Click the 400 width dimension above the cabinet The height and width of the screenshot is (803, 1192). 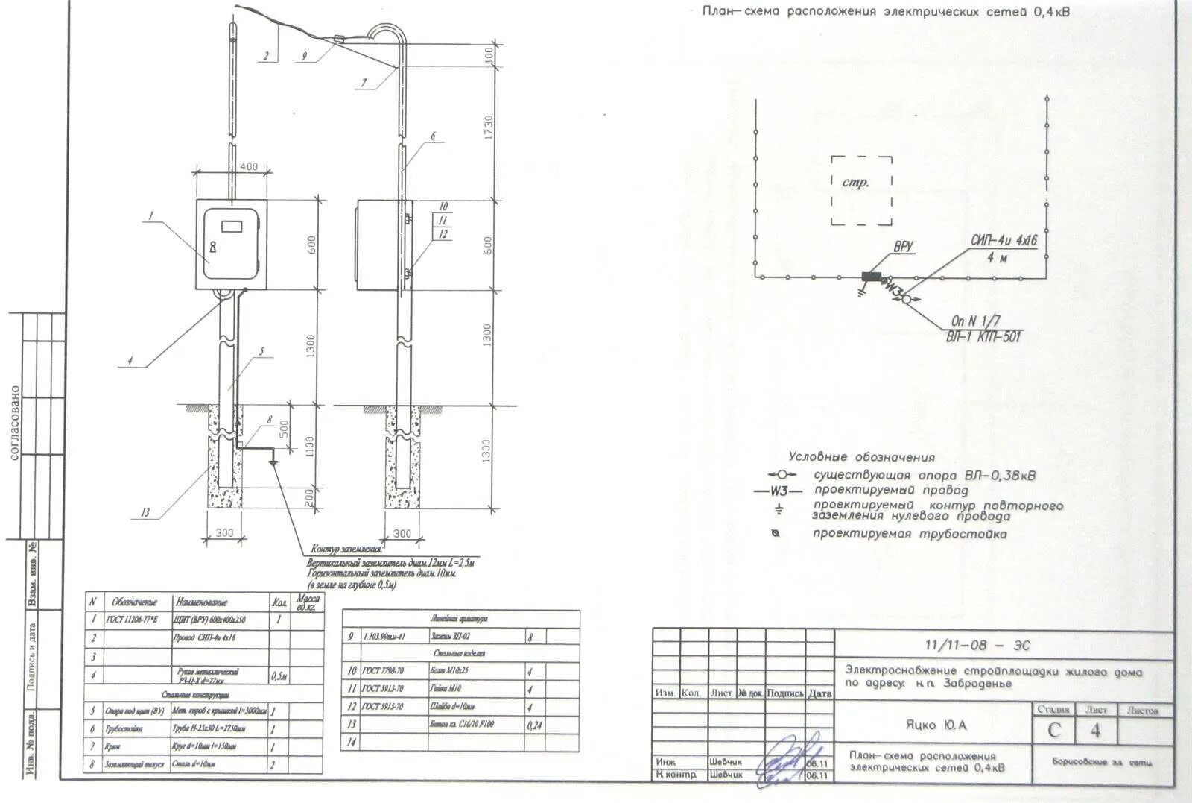pyautogui.click(x=249, y=166)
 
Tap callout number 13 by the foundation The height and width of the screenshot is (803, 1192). pyautogui.click(x=145, y=512)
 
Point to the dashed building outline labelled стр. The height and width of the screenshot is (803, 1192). pyautogui.click(x=861, y=190)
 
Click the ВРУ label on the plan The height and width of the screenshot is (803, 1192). pyautogui.click(x=903, y=247)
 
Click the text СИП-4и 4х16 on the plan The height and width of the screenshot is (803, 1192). pyautogui.click(x=1004, y=241)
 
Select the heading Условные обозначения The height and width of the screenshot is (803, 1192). pyautogui.click(x=861, y=457)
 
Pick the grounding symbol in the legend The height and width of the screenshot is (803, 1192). pyautogui.click(x=779, y=510)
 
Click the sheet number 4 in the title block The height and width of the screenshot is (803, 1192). pyautogui.click(x=1094, y=731)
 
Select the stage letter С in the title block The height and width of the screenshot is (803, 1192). pyautogui.click(x=1054, y=731)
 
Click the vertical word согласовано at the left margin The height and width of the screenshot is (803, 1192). pyautogui.click(x=15, y=422)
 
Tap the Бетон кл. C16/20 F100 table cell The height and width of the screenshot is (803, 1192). pyautogui.click(x=462, y=724)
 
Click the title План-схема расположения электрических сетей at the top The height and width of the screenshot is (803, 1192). pyautogui.click(x=886, y=12)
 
